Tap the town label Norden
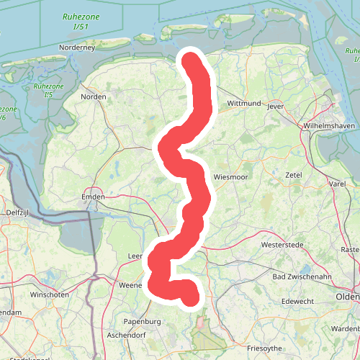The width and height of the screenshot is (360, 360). coord(94,96)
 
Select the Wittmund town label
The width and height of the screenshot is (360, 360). coord(243,104)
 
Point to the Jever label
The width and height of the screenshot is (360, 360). coord(276,106)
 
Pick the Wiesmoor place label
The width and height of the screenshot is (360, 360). coord(230,176)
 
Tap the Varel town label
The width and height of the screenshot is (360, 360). coord(337,184)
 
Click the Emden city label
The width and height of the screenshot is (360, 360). coord(94,197)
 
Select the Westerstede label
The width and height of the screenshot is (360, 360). coord(284,245)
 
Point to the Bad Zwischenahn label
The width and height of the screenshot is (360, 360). coord(302,276)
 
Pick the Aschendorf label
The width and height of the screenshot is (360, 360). coord(127,336)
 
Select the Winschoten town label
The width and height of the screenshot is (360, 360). coord(49,295)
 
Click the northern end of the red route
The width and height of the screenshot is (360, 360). coord(192,60)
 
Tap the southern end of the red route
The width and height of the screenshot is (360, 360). coord(190,297)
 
